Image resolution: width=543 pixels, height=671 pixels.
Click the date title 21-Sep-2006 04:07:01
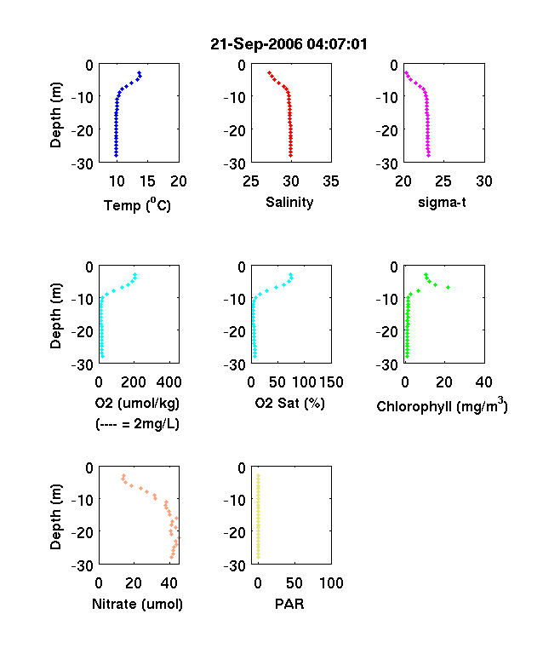(289, 44)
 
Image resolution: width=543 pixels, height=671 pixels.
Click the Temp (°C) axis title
(137, 205)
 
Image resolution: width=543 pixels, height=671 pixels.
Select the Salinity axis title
(289, 202)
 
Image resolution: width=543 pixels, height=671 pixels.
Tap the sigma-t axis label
(442, 202)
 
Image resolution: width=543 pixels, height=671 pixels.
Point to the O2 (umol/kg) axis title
(137, 403)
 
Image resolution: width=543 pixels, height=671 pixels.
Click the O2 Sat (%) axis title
(289, 403)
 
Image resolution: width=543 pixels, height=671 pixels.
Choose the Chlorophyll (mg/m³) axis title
(442, 404)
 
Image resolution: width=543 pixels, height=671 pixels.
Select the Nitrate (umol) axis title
(137, 604)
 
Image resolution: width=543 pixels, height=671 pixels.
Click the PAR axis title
(289, 604)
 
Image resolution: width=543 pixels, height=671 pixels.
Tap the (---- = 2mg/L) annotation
(137, 424)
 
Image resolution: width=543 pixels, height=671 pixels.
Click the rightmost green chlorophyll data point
(448, 287)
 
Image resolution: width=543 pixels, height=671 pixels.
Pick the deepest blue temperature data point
(116, 155)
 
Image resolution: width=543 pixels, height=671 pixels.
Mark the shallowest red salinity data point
(269, 72)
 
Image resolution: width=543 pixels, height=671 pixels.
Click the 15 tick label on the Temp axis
(147, 181)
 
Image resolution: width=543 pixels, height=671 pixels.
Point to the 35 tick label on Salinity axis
(331, 181)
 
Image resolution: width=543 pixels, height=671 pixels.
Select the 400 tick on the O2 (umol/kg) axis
(169, 381)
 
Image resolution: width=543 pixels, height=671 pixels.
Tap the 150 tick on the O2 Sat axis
(331, 381)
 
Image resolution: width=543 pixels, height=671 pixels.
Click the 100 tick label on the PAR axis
(331, 582)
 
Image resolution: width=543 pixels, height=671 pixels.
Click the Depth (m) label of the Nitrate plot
(55, 517)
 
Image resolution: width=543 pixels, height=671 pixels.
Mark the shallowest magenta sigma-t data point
(406, 72)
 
